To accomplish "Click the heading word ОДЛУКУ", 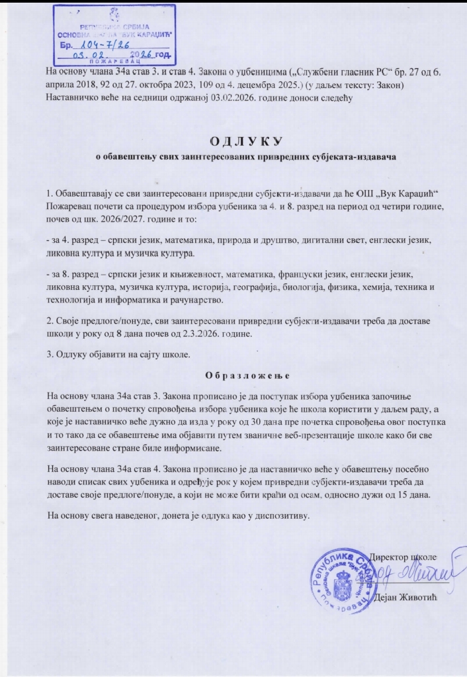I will pos(246,141).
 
